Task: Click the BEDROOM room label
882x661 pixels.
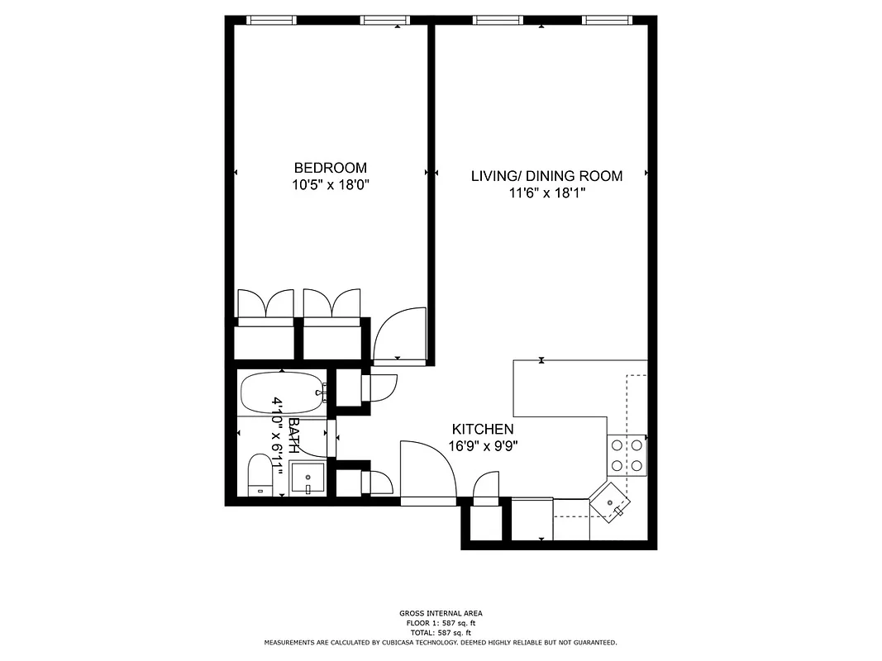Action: pyautogui.click(x=330, y=168)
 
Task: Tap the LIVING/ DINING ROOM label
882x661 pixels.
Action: pyautogui.click(x=546, y=176)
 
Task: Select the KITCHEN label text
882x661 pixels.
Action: pyautogui.click(x=483, y=430)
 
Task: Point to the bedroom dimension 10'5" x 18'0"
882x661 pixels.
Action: pyautogui.click(x=330, y=185)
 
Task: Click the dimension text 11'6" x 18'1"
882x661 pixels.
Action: pyautogui.click(x=546, y=193)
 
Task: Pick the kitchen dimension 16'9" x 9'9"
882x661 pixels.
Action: pyautogui.click(x=484, y=446)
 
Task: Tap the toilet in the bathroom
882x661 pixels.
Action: pyautogui.click(x=260, y=478)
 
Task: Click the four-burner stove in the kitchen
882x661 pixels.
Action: pyautogui.click(x=627, y=455)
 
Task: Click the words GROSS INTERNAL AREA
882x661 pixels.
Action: pyautogui.click(x=440, y=613)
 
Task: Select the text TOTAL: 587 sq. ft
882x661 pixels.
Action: pyautogui.click(x=440, y=632)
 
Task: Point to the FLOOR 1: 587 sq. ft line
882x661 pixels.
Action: pyautogui.click(x=440, y=623)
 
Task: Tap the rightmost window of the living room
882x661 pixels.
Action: pyautogui.click(x=607, y=20)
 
